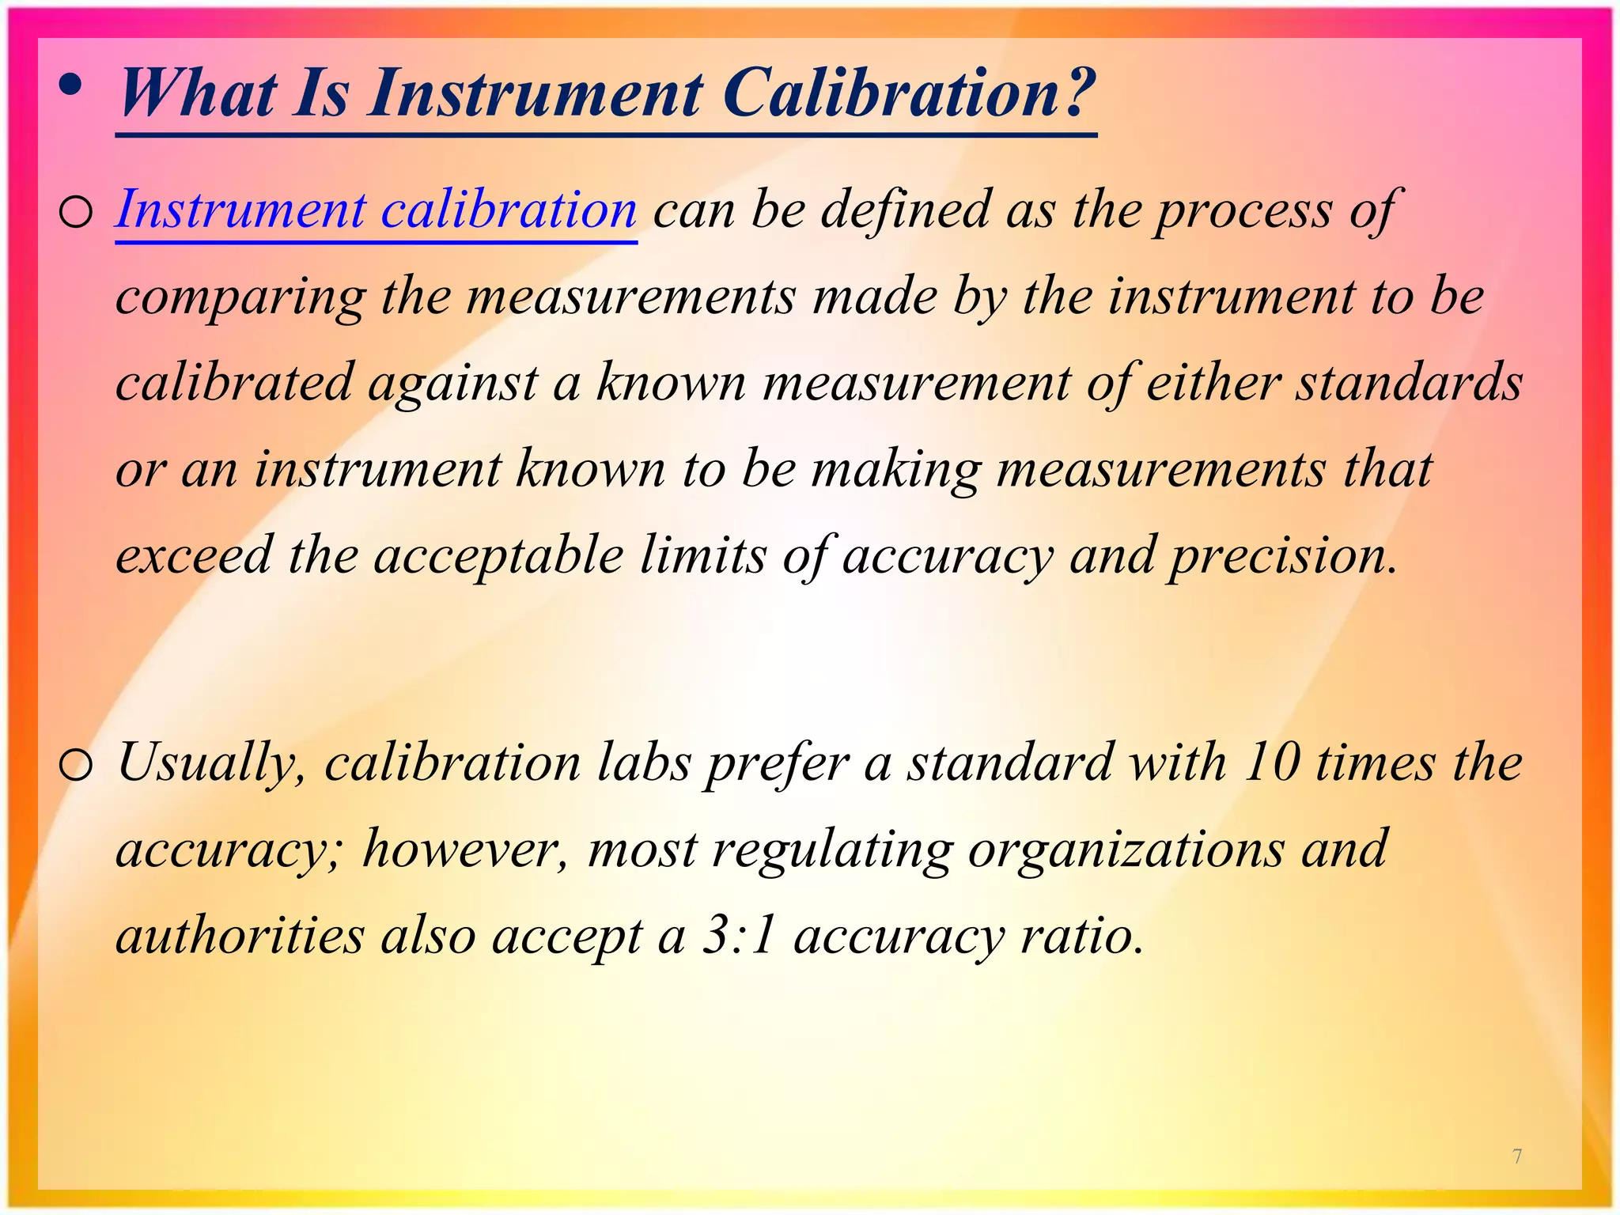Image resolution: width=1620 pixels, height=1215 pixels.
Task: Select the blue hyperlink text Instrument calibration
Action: coord(376,210)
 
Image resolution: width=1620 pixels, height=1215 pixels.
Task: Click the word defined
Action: coord(905,210)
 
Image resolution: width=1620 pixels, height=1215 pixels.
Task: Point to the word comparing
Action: coord(240,298)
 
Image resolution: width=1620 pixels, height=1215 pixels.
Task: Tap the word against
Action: coord(452,383)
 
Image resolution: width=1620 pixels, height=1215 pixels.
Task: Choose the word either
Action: coord(1212,383)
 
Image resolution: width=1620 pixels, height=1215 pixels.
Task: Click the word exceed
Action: coord(194,555)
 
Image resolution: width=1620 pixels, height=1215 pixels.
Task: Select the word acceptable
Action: coord(498,555)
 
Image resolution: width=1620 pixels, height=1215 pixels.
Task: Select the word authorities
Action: coord(240,936)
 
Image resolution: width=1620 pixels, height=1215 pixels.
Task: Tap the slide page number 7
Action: coord(1517,1156)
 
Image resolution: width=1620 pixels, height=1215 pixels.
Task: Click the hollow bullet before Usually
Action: coord(76,766)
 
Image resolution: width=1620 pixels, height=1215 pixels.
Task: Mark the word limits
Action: coord(702,555)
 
